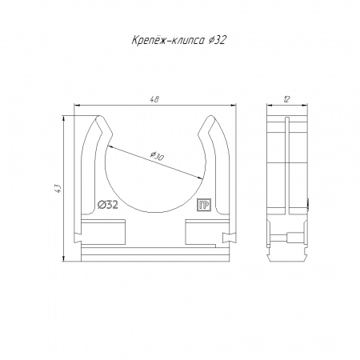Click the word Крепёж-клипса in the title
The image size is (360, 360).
[x=169, y=40]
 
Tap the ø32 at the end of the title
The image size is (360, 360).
[x=218, y=40]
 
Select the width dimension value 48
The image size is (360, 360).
[x=154, y=99]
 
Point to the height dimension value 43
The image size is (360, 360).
[x=58, y=189]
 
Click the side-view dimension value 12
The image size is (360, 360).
[x=286, y=99]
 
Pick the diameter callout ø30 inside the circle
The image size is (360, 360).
[x=157, y=156]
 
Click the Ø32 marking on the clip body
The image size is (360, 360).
[x=108, y=205]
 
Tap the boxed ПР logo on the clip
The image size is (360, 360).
[x=204, y=205]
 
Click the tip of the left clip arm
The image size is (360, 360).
[x=100, y=116]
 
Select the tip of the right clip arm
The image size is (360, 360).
[x=211, y=116]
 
